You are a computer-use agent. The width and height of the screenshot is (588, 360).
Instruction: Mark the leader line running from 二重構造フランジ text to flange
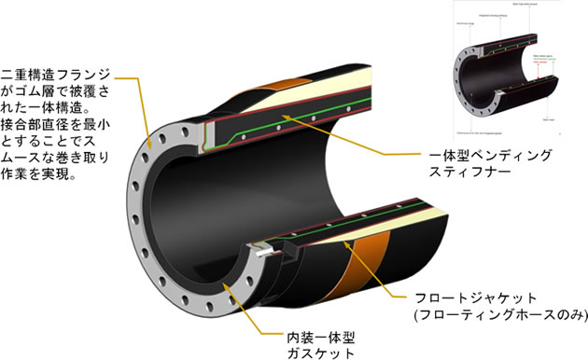point(140,112)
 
